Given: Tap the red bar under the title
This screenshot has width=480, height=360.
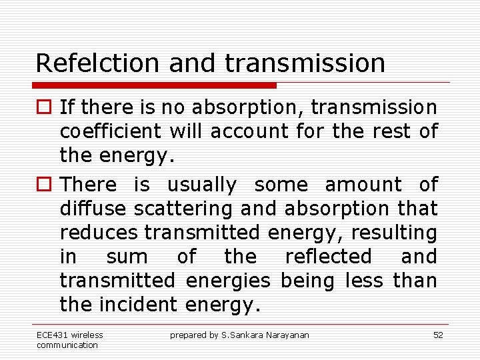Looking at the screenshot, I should [x=154, y=85].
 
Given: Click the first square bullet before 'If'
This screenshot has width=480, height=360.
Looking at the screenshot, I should [x=43, y=107].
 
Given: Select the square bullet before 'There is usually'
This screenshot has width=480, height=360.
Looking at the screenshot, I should [x=43, y=185].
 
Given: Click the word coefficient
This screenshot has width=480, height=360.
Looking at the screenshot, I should [x=111, y=131].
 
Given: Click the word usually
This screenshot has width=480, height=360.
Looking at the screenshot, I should [x=201, y=185].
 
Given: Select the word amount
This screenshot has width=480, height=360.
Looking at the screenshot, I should [x=363, y=185].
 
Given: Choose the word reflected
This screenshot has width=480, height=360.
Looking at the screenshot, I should [x=328, y=257].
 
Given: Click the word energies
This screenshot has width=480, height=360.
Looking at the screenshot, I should [x=228, y=281].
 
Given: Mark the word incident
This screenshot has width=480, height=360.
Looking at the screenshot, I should [x=138, y=305].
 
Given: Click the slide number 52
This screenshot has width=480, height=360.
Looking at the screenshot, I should [x=438, y=335].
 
